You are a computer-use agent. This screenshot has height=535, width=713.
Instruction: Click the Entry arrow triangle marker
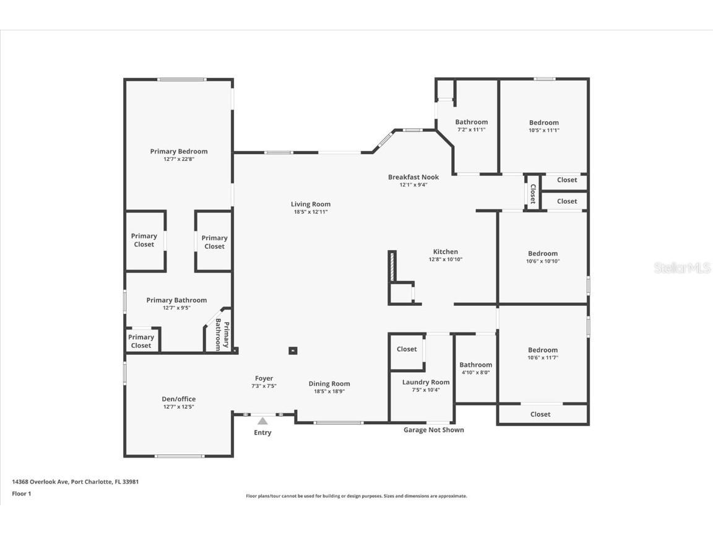tap(262, 421)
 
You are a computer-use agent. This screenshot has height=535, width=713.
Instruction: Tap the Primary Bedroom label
tap(179, 151)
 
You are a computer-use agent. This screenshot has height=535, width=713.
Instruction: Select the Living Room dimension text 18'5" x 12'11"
tap(311, 212)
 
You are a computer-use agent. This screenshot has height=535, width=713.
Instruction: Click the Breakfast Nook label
tap(413, 177)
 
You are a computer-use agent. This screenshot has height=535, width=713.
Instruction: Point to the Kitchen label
tap(445, 251)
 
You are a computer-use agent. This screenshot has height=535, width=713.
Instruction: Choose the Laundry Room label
tap(426, 382)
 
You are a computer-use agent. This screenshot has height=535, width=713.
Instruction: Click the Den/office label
tap(179, 399)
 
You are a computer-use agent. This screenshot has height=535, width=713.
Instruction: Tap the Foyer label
tap(264, 378)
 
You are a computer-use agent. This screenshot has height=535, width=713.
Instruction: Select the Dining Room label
tap(329, 384)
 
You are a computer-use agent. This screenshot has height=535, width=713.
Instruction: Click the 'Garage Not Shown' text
tap(433, 430)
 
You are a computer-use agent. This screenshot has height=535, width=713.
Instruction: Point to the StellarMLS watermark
tap(681, 268)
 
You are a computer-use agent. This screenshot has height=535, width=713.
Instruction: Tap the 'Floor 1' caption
tap(21, 494)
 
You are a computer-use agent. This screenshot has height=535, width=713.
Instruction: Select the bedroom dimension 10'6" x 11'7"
tap(542, 358)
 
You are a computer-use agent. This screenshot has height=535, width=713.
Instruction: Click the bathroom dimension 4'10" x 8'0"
tap(475, 372)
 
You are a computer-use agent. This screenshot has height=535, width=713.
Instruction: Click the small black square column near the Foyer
tap(293, 350)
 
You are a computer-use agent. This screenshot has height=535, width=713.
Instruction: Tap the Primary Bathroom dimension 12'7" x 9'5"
tap(176, 308)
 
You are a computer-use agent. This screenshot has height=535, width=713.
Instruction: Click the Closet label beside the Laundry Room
tap(407, 349)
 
